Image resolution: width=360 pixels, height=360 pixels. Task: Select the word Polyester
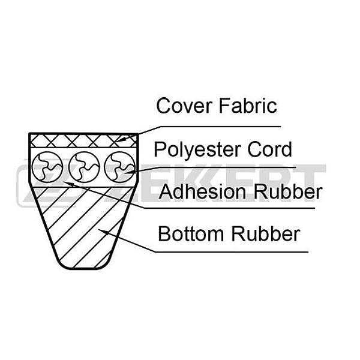click(x=197, y=150)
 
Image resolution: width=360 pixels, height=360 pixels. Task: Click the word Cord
click(x=269, y=149)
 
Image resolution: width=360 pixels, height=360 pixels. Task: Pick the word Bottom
click(x=191, y=234)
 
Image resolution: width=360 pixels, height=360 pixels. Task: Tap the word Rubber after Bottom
click(x=265, y=234)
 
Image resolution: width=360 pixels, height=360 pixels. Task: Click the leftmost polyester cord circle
click(x=47, y=167)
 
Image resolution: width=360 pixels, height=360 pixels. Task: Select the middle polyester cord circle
click(x=84, y=167)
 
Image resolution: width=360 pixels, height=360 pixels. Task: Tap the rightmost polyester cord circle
click(x=120, y=167)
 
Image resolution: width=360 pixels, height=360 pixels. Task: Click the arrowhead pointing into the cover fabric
click(x=121, y=139)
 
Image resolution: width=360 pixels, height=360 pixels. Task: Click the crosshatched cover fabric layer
click(x=83, y=141)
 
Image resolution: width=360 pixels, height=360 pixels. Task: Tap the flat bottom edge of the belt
click(x=84, y=268)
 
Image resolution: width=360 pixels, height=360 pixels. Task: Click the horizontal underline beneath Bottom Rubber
click(x=232, y=252)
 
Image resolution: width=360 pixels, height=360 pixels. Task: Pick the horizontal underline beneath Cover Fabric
click(x=220, y=127)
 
